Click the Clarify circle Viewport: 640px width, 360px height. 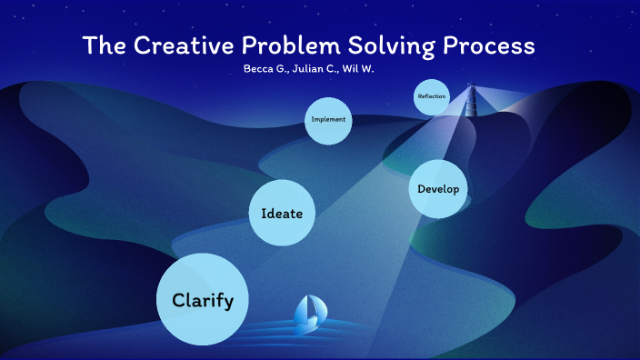tap(203, 300)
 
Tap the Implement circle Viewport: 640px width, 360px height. tap(328, 120)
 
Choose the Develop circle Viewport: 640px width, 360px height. tap(438, 189)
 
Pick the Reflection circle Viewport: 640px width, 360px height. tap(432, 97)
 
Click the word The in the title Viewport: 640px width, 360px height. tap(102, 45)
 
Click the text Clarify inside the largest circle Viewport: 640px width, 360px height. tap(203, 300)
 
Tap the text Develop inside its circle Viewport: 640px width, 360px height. tap(438, 189)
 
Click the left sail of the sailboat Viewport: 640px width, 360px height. tap(303, 310)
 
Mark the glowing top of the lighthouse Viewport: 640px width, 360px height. tap(471, 87)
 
